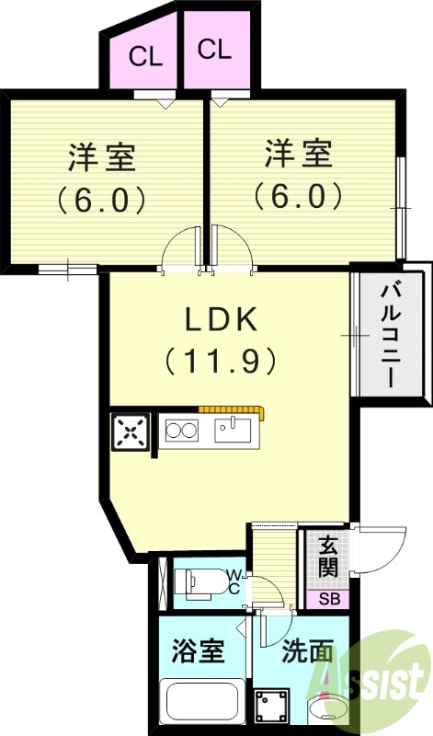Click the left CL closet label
[145, 57]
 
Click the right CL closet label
[214, 50]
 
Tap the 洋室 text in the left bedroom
[102, 156]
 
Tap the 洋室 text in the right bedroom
[299, 153]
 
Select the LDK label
[221, 320]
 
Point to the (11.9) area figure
[221, 361]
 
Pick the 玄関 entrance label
[327, 557]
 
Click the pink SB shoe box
[327, 599]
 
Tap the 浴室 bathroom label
[198, 653]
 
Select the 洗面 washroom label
[307, 653]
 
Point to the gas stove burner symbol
[180, 431]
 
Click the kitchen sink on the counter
[235, 430]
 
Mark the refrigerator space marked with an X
[131, 431]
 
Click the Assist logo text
[391, 681]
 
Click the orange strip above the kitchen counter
[230, 409]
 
